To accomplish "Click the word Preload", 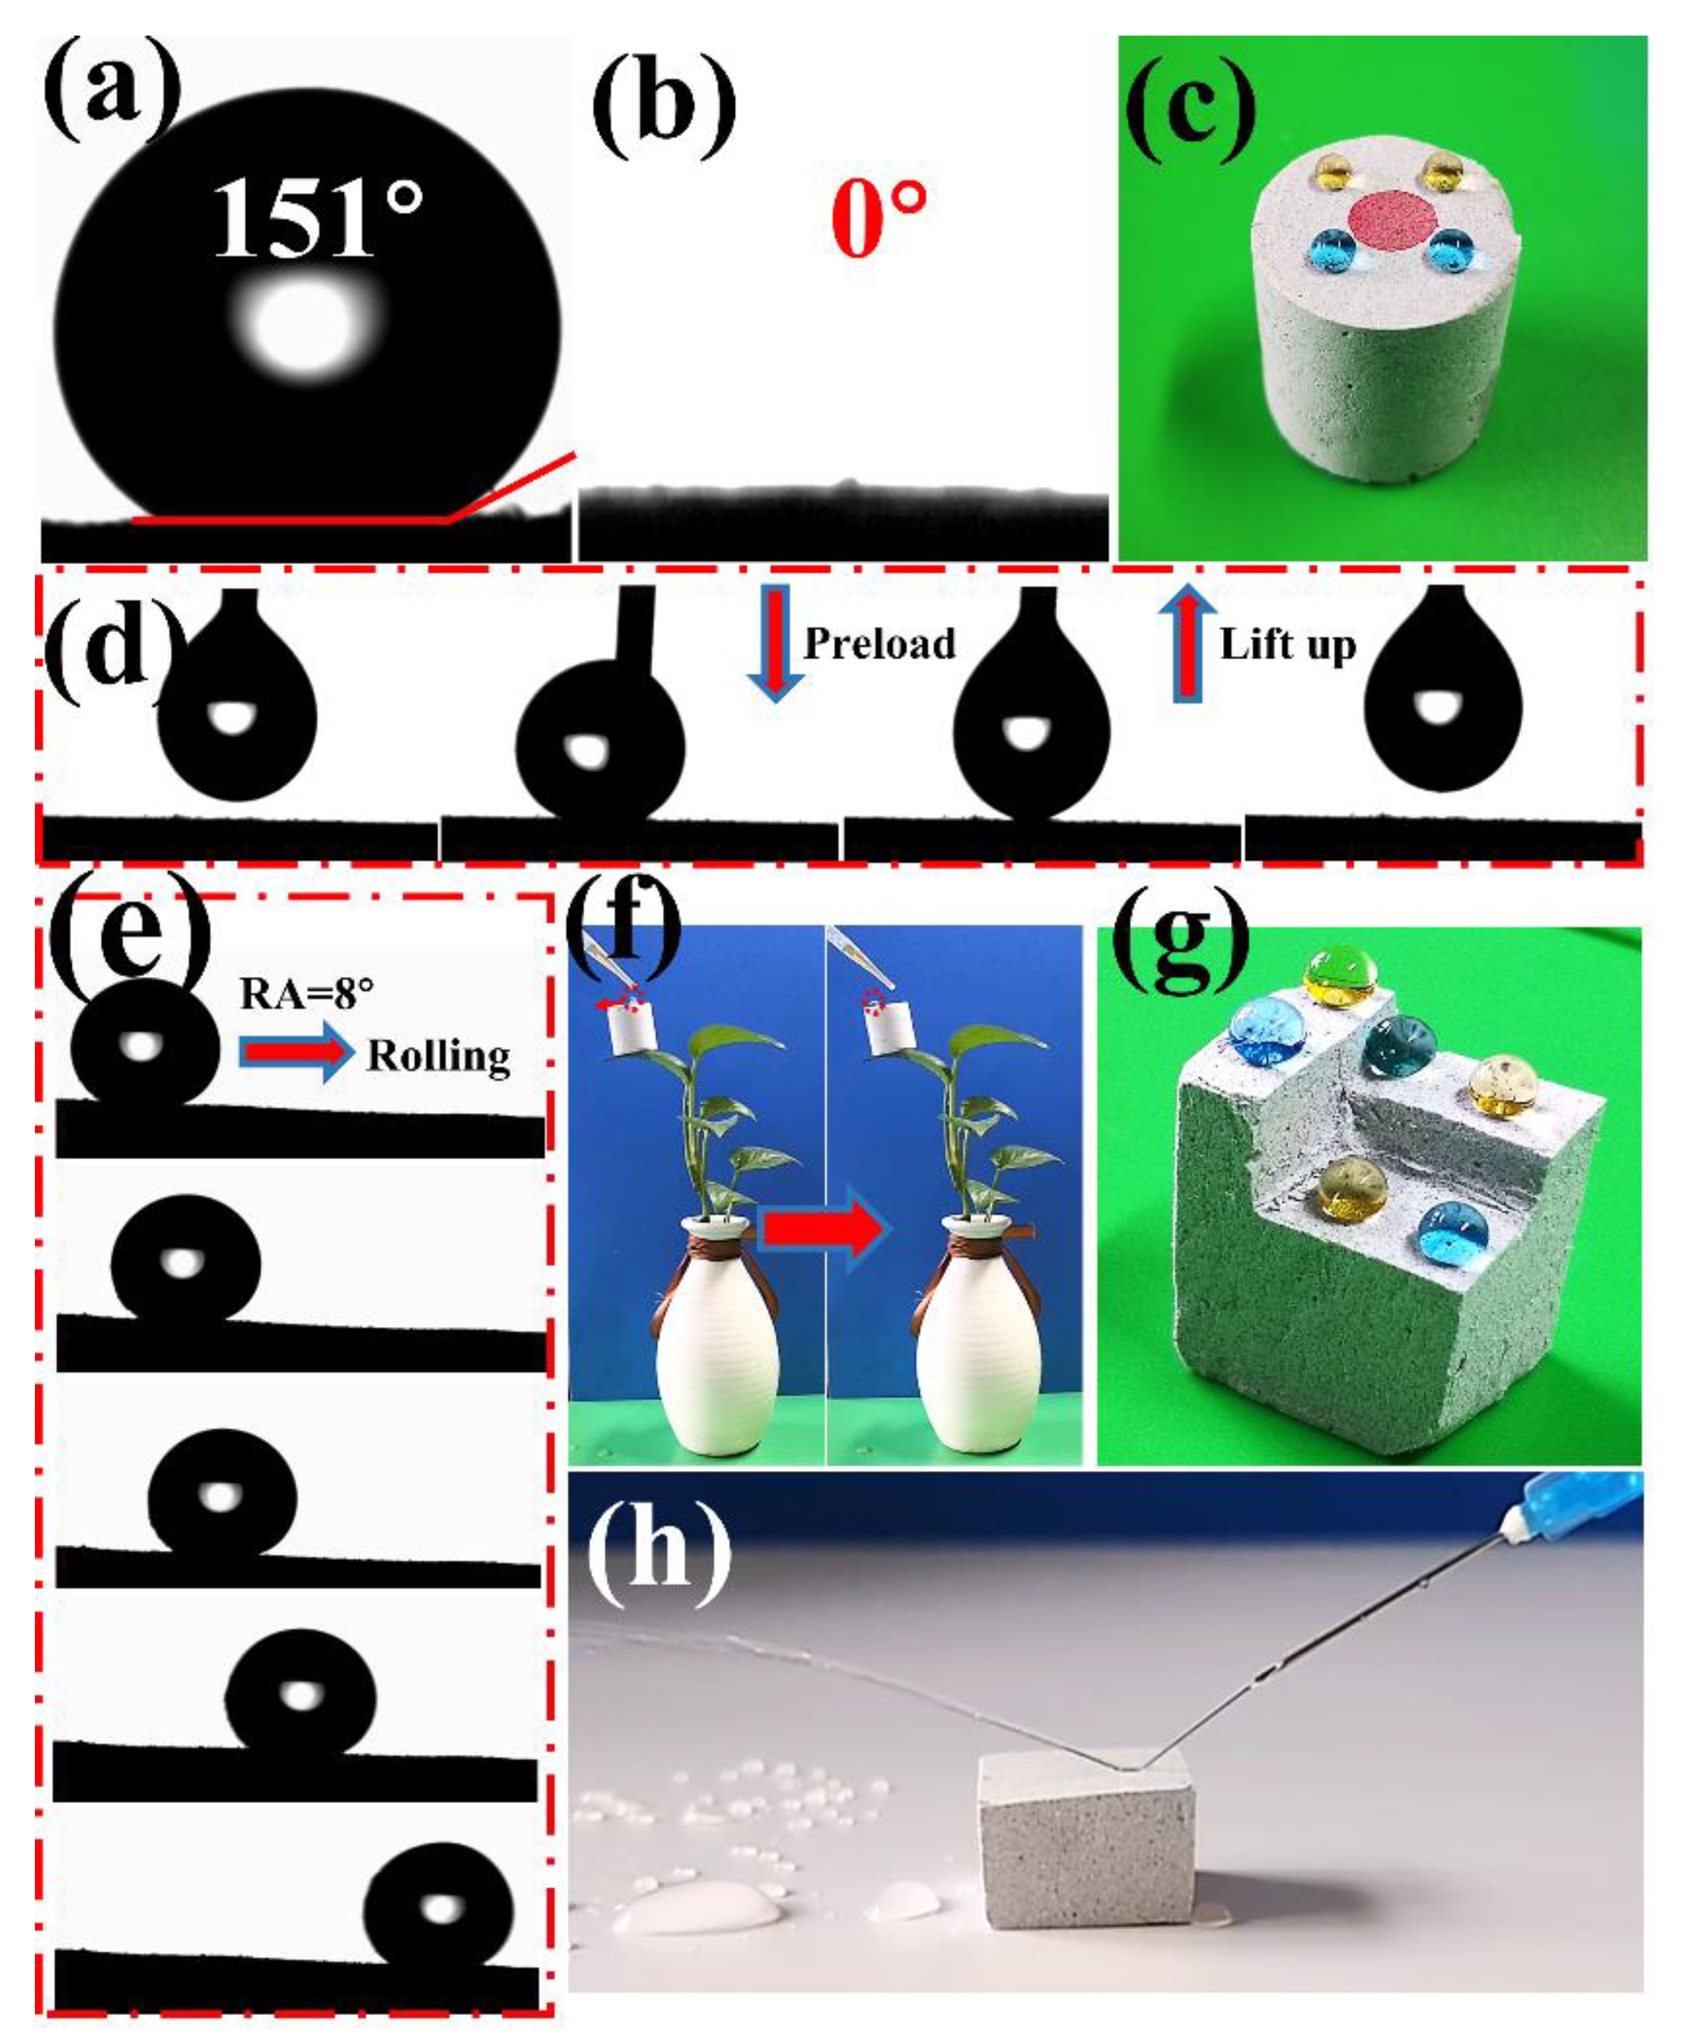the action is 879,644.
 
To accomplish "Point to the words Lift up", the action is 1288,644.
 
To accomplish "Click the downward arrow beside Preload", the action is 774,642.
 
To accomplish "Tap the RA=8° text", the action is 306,994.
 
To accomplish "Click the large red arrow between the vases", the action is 822,1230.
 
